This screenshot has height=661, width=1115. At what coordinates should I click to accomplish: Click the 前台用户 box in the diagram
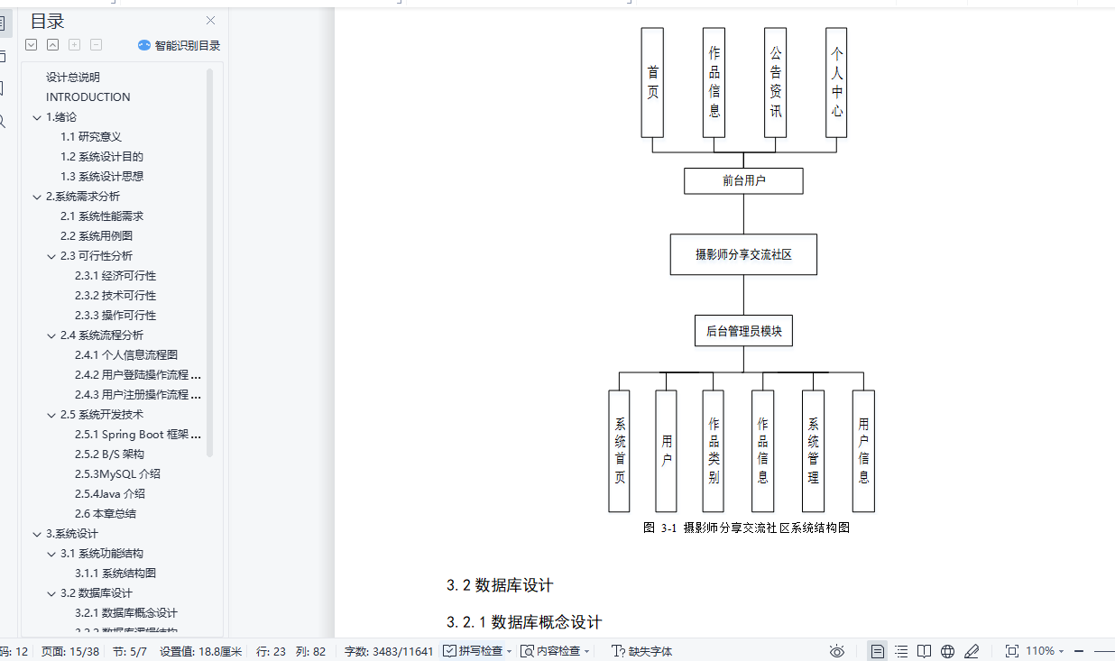point(743,180)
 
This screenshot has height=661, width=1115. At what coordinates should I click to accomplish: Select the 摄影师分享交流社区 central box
point(743,254)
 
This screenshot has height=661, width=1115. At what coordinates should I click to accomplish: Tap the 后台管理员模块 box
point(743,331)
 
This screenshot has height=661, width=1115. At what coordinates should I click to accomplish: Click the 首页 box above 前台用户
point(652,82)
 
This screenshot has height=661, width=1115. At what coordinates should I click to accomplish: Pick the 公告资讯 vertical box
point(775,82)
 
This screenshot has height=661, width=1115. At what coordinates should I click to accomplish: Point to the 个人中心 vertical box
point(836,82)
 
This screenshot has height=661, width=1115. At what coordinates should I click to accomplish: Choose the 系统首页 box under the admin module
point(620,451)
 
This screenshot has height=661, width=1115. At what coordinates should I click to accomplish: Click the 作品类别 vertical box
point(714,451)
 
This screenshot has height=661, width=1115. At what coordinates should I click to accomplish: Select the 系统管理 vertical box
point(813,451)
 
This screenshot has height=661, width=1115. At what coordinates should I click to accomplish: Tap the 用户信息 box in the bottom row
point(863,451)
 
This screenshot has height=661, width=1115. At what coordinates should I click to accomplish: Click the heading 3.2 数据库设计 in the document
point(500,585)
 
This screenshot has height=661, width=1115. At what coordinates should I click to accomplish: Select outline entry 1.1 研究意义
point(91,137)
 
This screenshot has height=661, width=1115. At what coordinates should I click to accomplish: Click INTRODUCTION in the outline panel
point(88,97)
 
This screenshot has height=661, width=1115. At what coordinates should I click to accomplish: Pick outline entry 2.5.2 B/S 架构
point(109,454)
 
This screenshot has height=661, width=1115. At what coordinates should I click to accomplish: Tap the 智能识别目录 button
point(179,45)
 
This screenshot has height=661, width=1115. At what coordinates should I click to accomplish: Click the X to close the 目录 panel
point(210,21)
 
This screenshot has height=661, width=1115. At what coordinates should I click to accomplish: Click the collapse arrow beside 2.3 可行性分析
point(51,256)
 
